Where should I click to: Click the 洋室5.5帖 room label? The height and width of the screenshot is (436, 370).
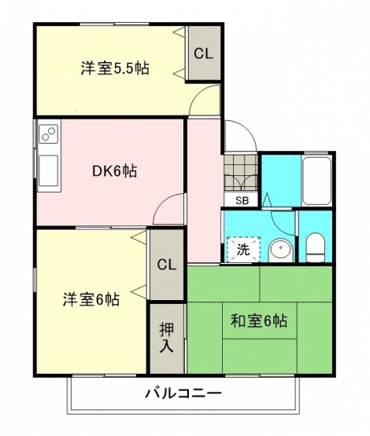(x=115, y=68)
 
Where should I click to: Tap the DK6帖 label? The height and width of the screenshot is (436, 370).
(x=114, y=171)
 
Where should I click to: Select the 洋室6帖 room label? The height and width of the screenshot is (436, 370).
(x=91, y=299)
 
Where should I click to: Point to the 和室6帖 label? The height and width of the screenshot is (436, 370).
(x=259, y=321)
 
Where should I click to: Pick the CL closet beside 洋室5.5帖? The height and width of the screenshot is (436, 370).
(x=204, y=53)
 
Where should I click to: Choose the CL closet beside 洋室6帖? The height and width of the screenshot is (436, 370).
(x=166, y=265)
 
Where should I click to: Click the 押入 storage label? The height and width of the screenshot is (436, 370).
(x=167, y=338)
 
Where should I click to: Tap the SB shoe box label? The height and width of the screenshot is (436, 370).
(x=242, y=200)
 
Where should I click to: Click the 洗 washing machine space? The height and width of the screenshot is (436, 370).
(x=243, y=249)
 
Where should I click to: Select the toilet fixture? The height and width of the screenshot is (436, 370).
(x=316, y=247)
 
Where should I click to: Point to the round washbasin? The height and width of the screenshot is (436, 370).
(x=281, y=250)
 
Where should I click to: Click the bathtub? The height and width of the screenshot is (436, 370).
(x=316, y=181)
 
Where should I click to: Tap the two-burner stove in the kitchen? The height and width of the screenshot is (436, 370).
(x=49, y=134)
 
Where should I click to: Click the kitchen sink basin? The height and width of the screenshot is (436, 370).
(x=49, y=170)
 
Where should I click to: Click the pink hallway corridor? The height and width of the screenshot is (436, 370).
(x=205, y=191)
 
